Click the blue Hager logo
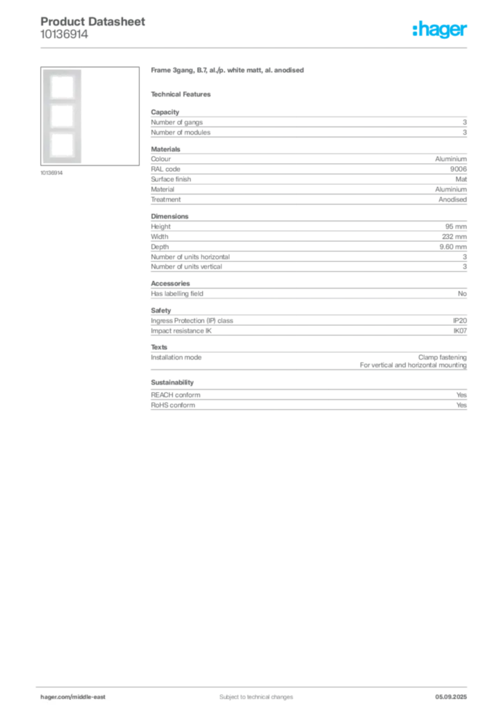click(x=440, y=31)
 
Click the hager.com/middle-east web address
click(x=72, y=697)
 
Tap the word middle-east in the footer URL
click(x=90, y=697)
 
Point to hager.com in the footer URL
click(x=55, y=697)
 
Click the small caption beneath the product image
click(x=53, y=173)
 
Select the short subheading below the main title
click(x=183, y=94)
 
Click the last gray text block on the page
click(x=308, y=395)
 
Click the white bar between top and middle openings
click(x=61, y=103)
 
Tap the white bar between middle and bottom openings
click(x=61, y=130)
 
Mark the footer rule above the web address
click(x=256, y=685)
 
